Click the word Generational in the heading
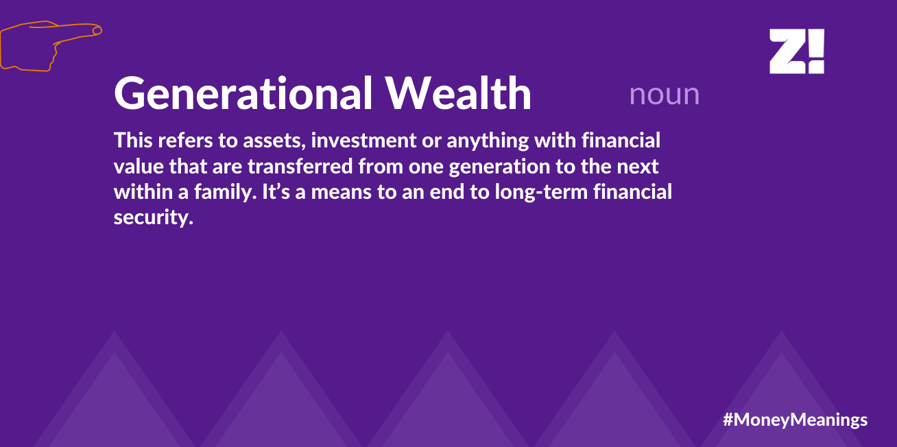243,93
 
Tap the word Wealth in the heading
458,93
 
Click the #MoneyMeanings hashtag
795,420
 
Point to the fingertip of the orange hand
100,29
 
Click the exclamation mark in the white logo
817,51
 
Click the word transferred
300,167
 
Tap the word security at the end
154,218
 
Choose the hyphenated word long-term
541,193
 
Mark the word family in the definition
225,192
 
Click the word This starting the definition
133,141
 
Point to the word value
139,167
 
